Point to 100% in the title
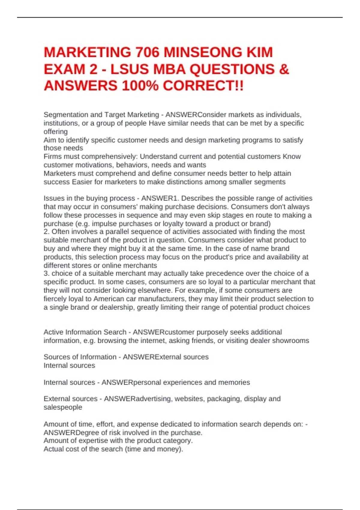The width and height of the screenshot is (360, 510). pyautogui.click(x=140, y=86)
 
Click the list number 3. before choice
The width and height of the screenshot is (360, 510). pyautogui.click(x=46, y=273)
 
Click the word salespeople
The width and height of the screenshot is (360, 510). pyautogui.click(x=63, y=407)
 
